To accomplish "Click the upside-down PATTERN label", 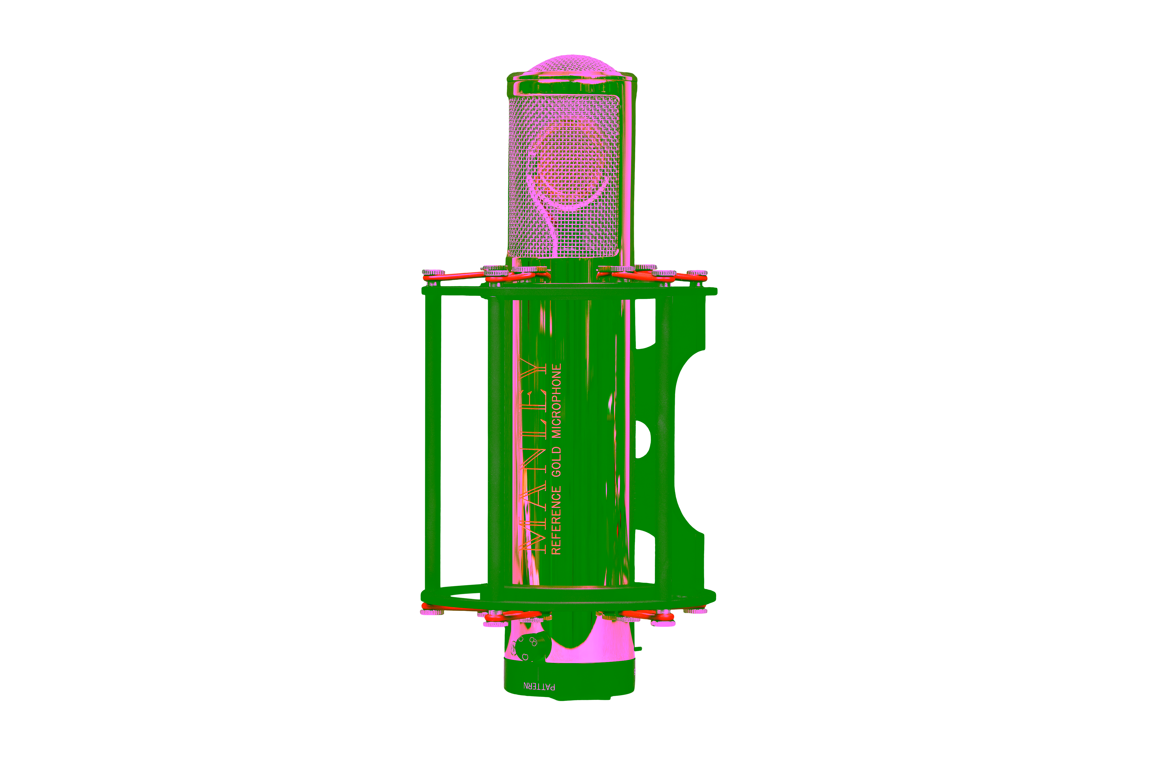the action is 539,686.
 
